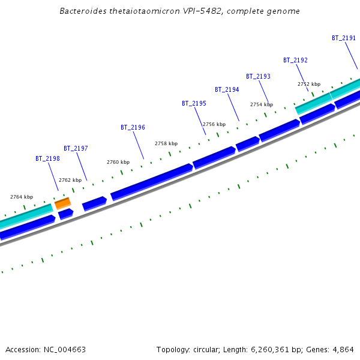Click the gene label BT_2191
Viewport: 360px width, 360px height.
(344, 38)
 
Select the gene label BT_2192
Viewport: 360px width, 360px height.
(295, 60)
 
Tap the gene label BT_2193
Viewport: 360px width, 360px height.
(258, 76)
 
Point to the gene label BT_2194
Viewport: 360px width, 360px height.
(227, 89)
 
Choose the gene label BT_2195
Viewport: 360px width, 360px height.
(194, 103)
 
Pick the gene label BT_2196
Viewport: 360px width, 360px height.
(133, 127)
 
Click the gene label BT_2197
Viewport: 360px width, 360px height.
(76, 148)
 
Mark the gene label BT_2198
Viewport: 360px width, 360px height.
(47, 158)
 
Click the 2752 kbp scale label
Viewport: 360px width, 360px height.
(309, 84)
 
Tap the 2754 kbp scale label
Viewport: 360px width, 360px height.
(262, 104)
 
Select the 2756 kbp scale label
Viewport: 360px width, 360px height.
(214, 124)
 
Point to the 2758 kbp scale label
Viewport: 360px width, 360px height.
(166, 143)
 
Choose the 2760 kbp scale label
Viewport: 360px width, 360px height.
(118, 162)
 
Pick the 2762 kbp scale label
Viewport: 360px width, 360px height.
(70, 180)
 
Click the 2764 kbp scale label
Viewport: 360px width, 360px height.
(22, 197)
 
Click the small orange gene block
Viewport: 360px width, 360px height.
(63, 203)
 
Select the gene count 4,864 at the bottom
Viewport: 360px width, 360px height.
(343, 349)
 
